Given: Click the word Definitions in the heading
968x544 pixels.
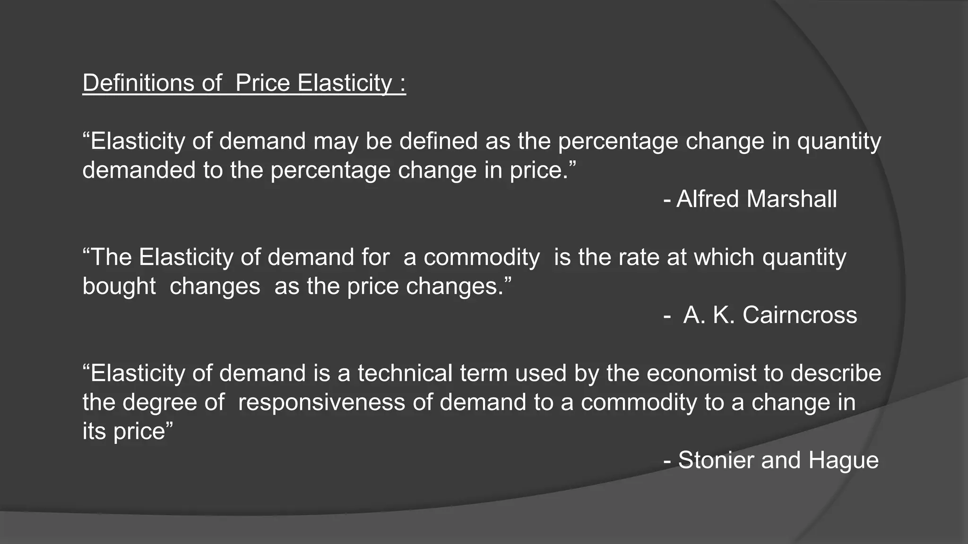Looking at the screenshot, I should click(138, 83).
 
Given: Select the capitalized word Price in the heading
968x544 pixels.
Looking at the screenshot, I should click(262, 83).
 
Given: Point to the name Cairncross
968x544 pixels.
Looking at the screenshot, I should click(799, 315).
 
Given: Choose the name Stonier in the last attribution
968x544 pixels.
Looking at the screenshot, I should click(716, 460).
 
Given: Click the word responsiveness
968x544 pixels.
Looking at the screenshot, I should click(321, 402).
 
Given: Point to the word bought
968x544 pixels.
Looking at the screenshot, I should click(119, 287).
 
